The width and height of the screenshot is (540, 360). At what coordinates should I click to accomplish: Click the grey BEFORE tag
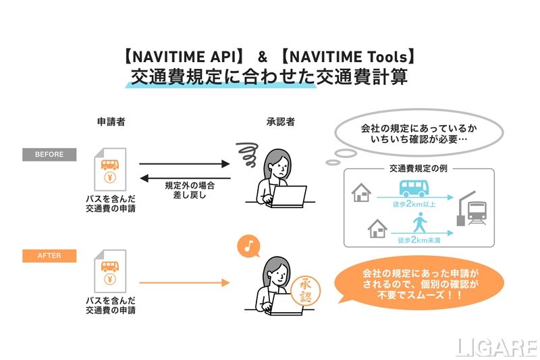click(49, 155)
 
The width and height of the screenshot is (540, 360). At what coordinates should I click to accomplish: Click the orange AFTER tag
click(49, 256)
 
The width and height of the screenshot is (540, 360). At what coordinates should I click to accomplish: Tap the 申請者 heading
click(111, 122)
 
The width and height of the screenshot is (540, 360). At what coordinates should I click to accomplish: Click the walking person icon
click(420, 222)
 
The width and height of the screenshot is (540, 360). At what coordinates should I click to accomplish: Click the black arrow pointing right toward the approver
click(184, 163)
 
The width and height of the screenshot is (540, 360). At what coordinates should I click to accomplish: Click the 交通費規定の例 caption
click(410, 168)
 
